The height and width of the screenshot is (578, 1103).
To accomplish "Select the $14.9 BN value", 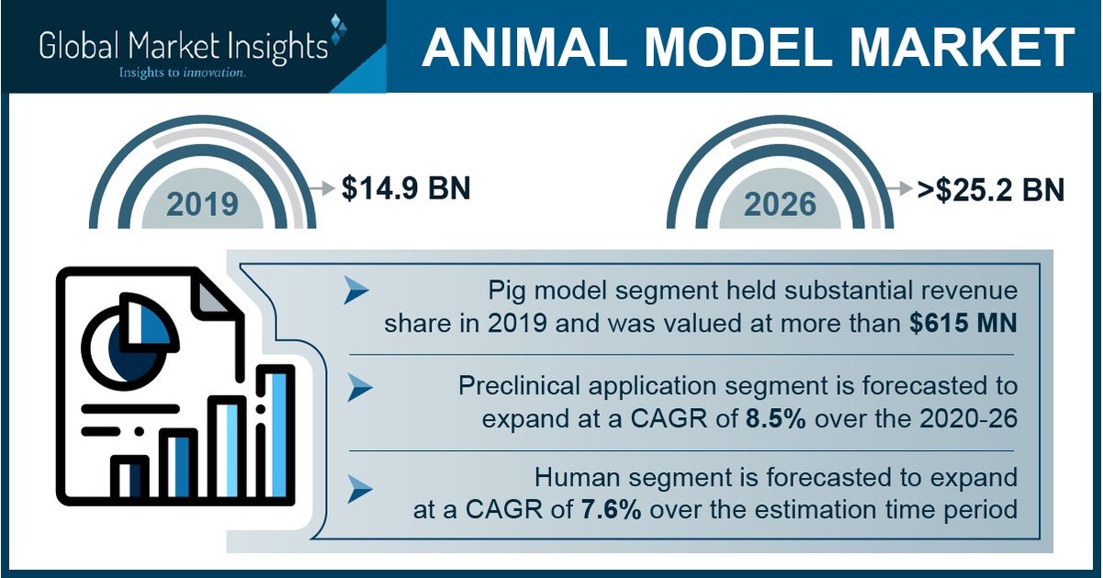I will point(405,188).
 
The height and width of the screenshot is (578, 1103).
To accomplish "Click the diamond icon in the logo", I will point(336,29).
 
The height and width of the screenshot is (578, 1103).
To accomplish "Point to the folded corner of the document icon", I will point(214,295).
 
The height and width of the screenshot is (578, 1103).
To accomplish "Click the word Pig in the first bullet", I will point(509,291).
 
